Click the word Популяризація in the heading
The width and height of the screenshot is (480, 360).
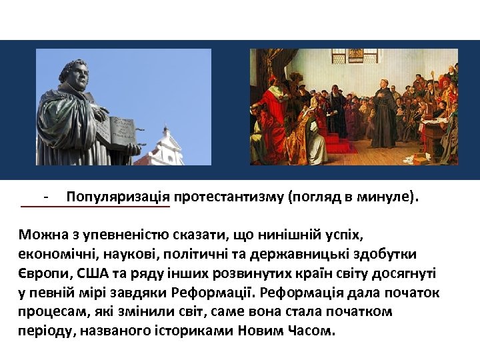[119, 197]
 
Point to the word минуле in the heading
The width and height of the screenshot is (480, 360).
[382, 197]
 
